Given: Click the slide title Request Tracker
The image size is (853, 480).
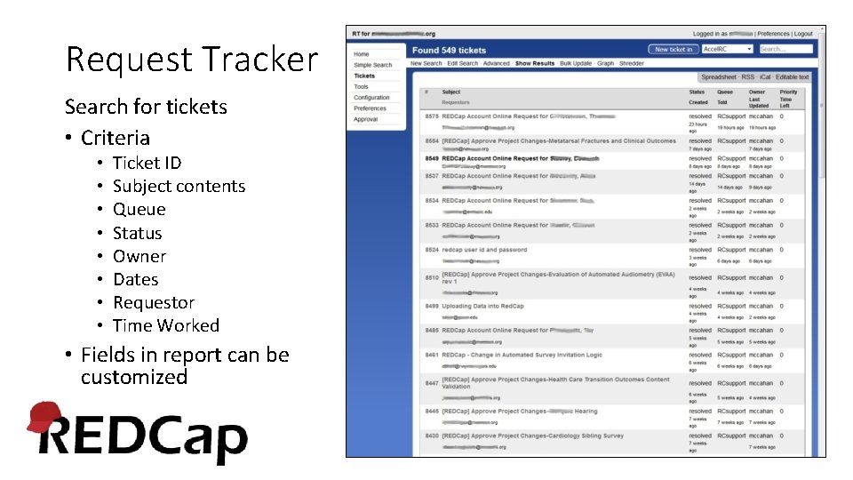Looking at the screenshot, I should pyautogui.click(x=191, y=60).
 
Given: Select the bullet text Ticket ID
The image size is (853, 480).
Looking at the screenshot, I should pyautogui.click(x=147, y=163).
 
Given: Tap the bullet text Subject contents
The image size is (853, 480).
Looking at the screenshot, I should pyautogui.click(x=179, y=186).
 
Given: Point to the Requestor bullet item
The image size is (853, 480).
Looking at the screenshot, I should pyautogui.click(x=153, y=302).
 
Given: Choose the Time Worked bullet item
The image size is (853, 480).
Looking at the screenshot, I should pyautogui.click(x=165, y=325).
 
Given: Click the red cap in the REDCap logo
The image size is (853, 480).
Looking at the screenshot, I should pyautogui.click(x=44, y=416).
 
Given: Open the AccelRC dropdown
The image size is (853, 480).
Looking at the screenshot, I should pyautogui.click(x=728, y=49).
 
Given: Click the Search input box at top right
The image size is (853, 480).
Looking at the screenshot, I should pyautogui.click(x=785, y=49).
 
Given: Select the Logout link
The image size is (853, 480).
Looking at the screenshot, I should pyautogui.click(x=803, y=34).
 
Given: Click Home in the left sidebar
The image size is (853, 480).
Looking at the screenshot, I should pyautogui.click(x=362, y=54).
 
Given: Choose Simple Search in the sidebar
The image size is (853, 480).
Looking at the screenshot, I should pyautogui.click(x=372, y=65).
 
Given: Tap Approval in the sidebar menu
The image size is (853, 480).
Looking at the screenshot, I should pyautogui.click(x=365, y=119).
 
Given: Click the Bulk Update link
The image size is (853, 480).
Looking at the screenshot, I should pyautogui.click(x=576, y=64).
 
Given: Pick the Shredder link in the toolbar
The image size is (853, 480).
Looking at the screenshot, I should pyautogui.click(x=632, y=64).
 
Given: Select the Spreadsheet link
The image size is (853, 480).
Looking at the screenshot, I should pyautogui.click(x=718, y=77).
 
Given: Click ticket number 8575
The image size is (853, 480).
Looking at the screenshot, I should pyautogui.click(x=432, y=116).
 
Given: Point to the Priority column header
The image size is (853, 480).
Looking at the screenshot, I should pyautogui.click(x=788, y=92).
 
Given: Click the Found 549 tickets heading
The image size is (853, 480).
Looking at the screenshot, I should pyautogui.click(x=449, y=51).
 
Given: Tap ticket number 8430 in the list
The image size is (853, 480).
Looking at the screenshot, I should pyautogui.click(x=432, y=436).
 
